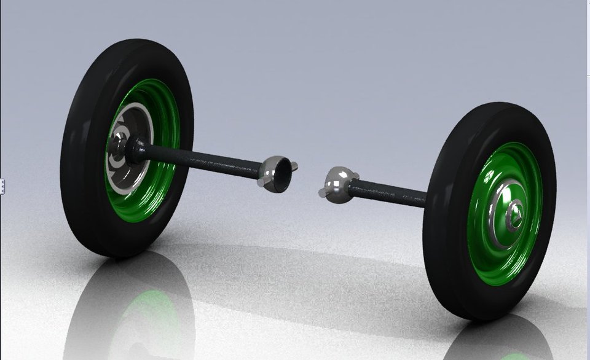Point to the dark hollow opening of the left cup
click(280, 174)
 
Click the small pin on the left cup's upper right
click(294, 165)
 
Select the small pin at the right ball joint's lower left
click(324, 194)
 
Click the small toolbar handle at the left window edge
click(2, 186)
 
